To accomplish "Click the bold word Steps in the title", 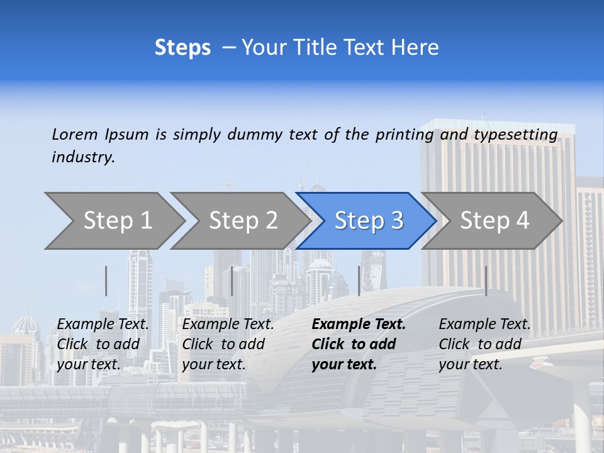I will [182, 48].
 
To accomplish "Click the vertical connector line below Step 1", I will [106, 281].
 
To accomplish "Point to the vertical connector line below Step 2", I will [232, 281].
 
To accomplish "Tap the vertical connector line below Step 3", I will [359, 281].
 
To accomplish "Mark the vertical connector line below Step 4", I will [486, 281].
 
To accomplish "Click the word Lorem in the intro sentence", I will [75, 134].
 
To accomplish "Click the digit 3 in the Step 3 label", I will [396, 220].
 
